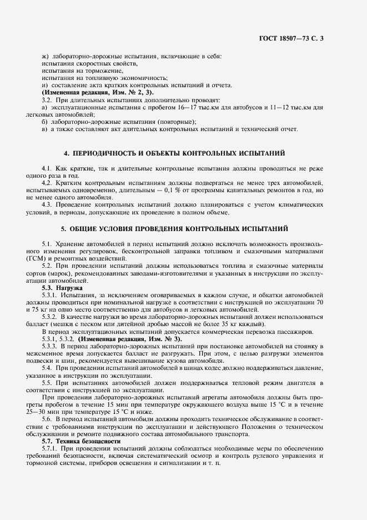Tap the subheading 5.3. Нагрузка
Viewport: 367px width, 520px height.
(x=62, y=288)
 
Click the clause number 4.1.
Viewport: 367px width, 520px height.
(x=46, y=167)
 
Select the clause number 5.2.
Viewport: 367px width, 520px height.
(x=47, y=266)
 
